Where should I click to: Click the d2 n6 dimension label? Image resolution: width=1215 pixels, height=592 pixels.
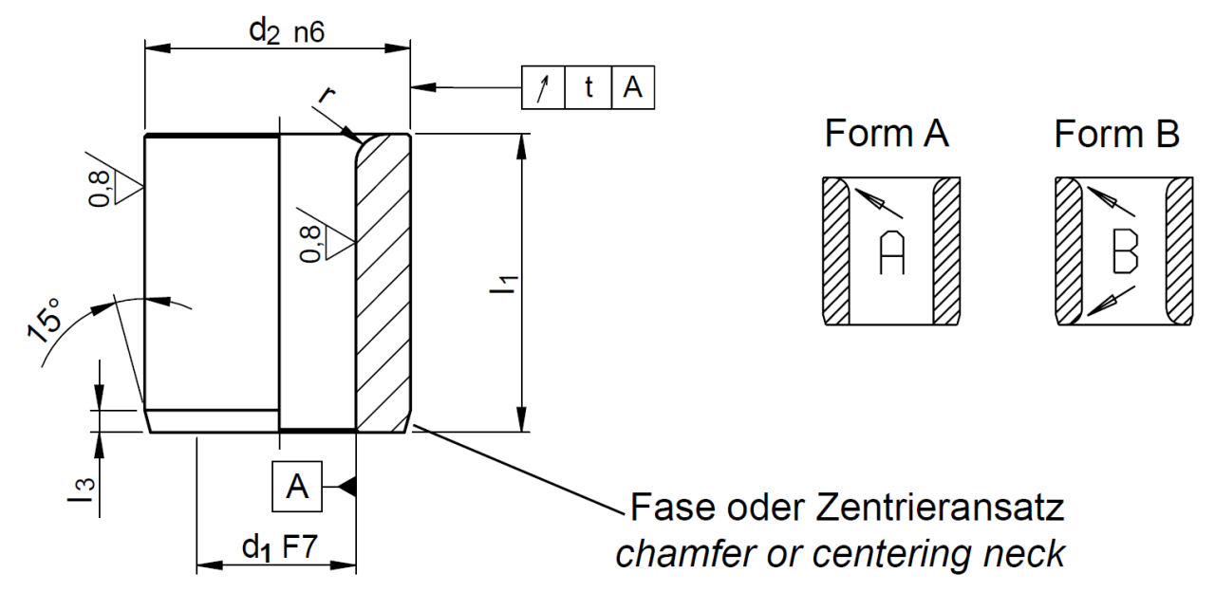tap(286, 31)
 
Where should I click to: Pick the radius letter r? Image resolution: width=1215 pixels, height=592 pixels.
tap(327, 95)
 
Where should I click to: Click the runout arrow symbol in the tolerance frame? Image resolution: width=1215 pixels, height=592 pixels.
tap(543, 88)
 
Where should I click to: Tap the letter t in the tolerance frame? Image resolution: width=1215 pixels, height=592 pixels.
tap(589, 88)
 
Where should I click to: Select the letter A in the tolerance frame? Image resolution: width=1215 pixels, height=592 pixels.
tap(632, 88)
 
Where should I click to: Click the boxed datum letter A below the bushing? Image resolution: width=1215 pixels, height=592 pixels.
tap(297, 487)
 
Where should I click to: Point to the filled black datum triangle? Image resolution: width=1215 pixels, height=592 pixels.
tap(348, 487)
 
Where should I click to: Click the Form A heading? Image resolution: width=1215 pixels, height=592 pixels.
tap(887, 135)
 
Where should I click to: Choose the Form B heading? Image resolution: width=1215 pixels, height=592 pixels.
tap(1116, 135)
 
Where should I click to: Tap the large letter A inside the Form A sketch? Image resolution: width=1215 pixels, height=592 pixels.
tap(892, 252)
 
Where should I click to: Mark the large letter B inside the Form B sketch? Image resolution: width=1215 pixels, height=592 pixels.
tap(1125, 252)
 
